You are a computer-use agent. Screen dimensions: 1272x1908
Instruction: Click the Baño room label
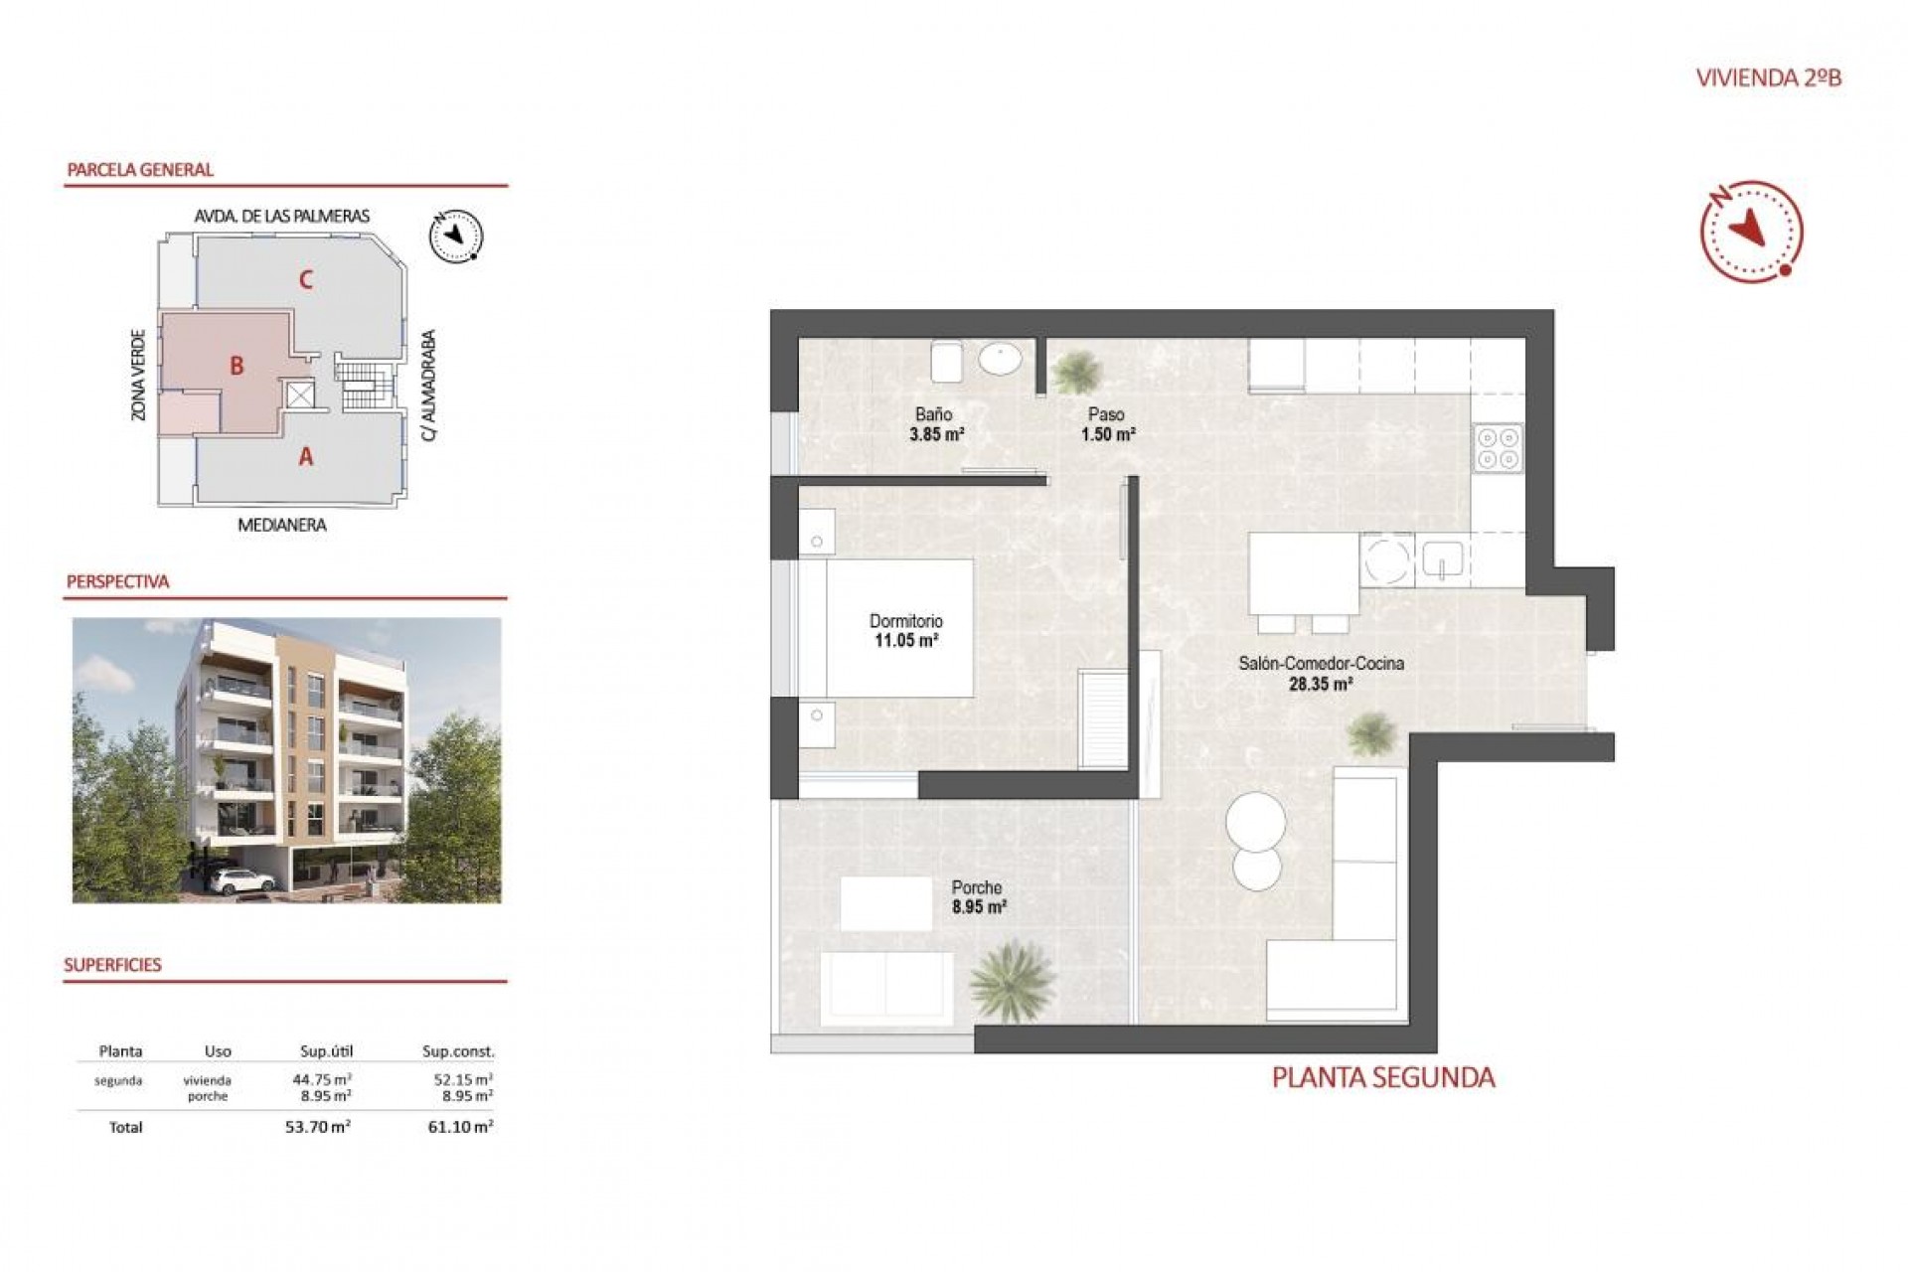933,414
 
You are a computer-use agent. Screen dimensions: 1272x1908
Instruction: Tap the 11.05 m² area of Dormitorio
905,641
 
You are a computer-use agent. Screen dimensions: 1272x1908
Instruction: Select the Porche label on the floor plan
976,887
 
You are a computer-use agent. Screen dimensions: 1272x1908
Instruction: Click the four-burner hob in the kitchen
1498,447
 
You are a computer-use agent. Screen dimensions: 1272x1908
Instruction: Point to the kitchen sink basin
1441,559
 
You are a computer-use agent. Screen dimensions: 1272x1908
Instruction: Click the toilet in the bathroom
945,362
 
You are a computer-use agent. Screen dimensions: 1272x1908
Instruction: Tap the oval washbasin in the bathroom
1000,359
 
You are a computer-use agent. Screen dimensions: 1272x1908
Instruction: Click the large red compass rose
1751,232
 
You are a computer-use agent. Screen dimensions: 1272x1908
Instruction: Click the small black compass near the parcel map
455,237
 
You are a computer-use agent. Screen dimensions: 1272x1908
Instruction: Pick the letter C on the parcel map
306,280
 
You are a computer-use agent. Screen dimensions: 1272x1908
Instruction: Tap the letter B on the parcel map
237,366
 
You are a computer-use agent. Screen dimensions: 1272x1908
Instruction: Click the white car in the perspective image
242,880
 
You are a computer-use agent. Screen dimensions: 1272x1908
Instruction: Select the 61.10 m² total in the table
460,1127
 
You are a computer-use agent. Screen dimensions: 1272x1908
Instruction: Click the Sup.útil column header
326,1051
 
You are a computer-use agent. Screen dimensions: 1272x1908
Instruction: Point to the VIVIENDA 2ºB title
1768,79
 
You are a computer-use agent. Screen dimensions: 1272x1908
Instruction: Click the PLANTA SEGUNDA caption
1382,1078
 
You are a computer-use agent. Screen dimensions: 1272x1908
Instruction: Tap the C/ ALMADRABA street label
428,386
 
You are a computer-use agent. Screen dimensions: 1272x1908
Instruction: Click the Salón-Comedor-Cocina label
1320,663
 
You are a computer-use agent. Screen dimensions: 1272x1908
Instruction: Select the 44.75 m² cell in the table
321,1079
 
